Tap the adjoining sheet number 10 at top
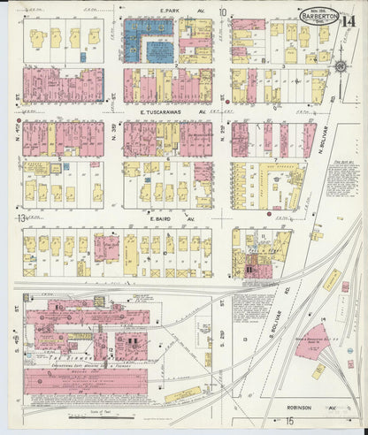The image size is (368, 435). point(224,12)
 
